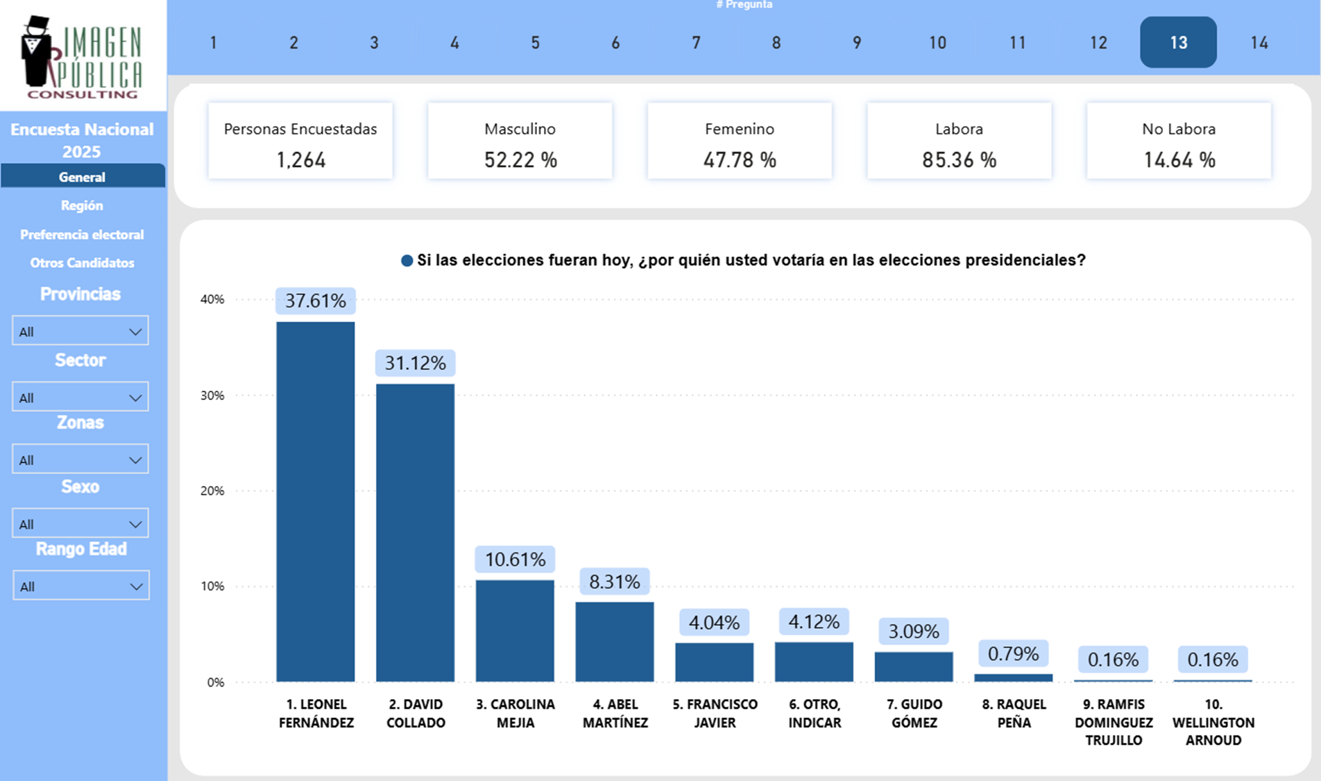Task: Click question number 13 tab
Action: click(x=1178, y=42)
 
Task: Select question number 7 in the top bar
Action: click(x=696, y=42)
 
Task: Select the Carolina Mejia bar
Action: click(x=515, y=630)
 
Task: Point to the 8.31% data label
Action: click(x=614, y=582)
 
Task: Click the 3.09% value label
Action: click(x=914, y=631)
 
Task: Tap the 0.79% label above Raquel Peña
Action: click(x=1013, y=654)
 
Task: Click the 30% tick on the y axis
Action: click(x=212, y=396)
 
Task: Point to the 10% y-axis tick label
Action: click(x=212, y=587)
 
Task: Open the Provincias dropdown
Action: click(x=80, y=331)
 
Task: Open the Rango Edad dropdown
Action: click(x=80, y=586)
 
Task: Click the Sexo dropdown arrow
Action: click(x=135, y=524)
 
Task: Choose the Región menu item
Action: click(x=82, y=205)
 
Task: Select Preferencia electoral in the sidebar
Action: click(x=82, y=235)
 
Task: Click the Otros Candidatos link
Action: click(x=82, y=263)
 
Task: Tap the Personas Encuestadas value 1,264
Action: click(x=300, y=160)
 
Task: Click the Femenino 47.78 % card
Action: click(x=740, y=142)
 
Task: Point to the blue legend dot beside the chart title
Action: click(x=407, y=261)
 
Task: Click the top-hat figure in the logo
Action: click(x=36, y=52)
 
